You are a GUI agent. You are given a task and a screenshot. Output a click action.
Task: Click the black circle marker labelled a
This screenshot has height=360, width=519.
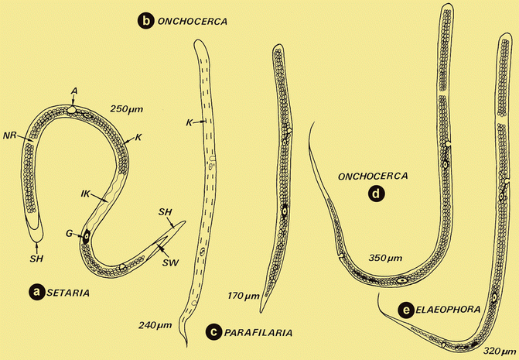pos(35,292)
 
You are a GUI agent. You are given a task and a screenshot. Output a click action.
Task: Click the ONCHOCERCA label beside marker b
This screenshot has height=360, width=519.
pos(191,22)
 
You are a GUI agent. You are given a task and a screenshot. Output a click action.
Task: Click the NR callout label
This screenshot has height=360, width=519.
pos(11,134)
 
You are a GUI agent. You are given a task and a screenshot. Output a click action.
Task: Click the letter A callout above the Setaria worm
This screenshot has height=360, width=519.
pos(74,90)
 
